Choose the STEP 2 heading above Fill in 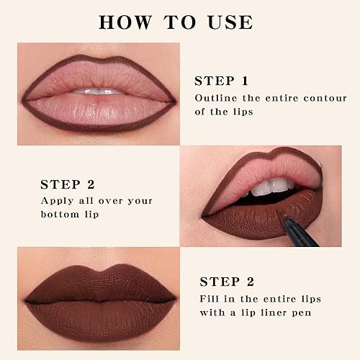click(226, 281)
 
